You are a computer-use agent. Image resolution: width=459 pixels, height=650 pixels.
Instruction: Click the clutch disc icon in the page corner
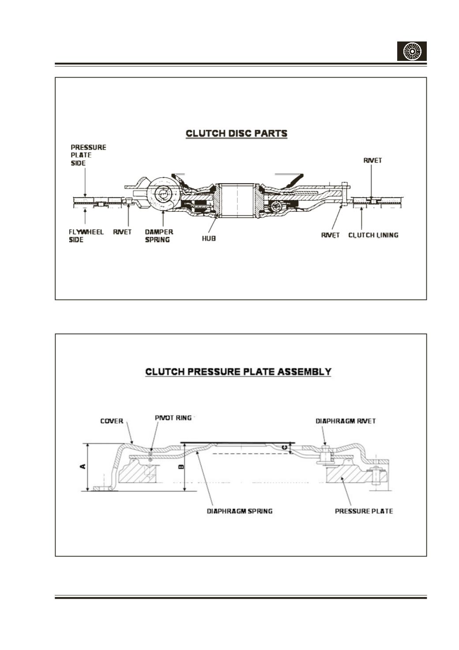pos(412,51)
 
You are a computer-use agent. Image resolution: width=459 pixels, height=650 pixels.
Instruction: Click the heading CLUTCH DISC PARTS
pos(237,133)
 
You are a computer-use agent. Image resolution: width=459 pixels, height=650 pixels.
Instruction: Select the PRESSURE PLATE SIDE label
pos(88,155)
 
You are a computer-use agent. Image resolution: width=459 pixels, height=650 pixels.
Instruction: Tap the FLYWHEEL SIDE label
pos(86,236)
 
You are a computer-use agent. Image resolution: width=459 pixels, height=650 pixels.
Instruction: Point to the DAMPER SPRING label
pos(159,236)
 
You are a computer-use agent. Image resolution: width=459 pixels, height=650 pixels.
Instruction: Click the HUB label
pos(209,239)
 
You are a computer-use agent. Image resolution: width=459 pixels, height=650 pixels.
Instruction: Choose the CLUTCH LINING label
pos(373,235)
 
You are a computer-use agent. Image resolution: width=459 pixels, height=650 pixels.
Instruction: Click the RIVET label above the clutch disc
pos(372,160)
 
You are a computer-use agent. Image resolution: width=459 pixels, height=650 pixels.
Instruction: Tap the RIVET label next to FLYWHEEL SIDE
pos(122,232)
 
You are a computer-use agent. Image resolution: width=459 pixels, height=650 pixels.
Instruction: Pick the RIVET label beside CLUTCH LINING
pos(330,235)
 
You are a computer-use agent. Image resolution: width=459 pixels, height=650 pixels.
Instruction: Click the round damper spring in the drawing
pos(162,193)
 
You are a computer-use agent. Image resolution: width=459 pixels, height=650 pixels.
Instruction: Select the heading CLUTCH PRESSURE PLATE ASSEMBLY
pos(238,372)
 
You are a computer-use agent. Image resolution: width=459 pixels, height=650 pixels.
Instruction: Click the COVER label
pos(112,421)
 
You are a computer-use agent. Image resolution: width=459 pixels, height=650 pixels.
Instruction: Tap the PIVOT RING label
pos(173,418)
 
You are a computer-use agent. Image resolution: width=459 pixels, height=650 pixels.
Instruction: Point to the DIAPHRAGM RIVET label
pos(346,421)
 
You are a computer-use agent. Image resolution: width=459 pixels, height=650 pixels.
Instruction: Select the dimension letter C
pos(285,447)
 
